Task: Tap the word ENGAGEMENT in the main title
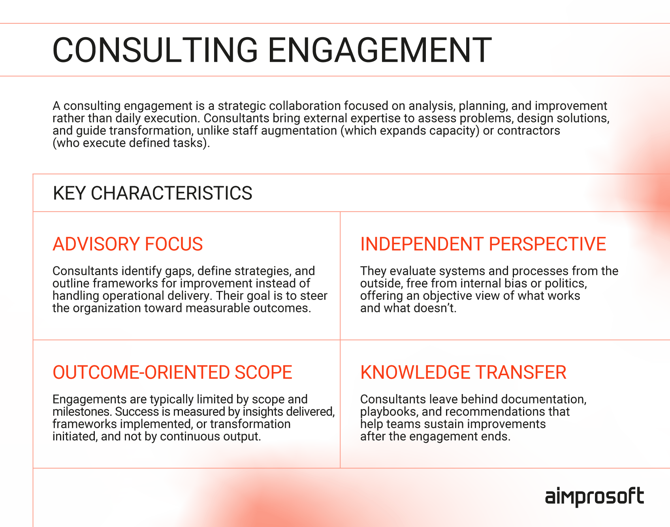[x=380, y=50]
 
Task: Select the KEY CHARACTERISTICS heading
[x=152, y=193]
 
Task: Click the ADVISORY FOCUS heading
[x=128, y=244]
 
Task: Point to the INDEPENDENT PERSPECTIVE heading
[x=483, y=244]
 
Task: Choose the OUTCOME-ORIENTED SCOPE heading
[x=172, y=372]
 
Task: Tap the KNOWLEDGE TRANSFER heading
[x=463, y=372]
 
